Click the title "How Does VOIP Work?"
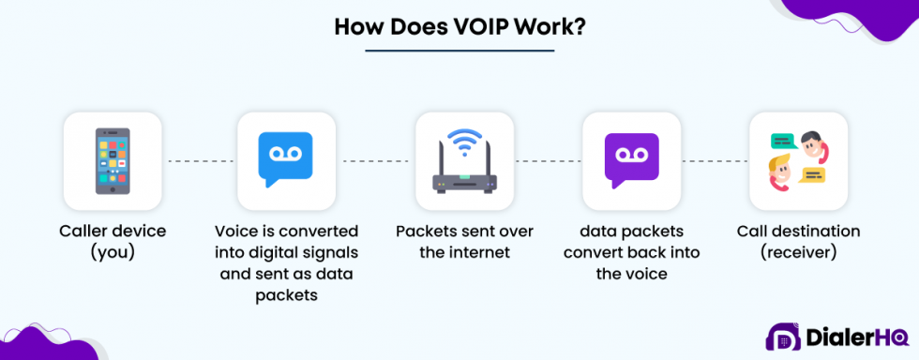[x=459, y=26]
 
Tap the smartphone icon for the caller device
[x=113, y=161]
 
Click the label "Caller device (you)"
[x=113, y=241]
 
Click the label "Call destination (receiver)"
[x=798, y=241]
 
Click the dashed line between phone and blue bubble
[x=199, y=161]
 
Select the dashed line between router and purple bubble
[x=547, y=161]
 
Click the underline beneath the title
[x=459, y=51]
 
